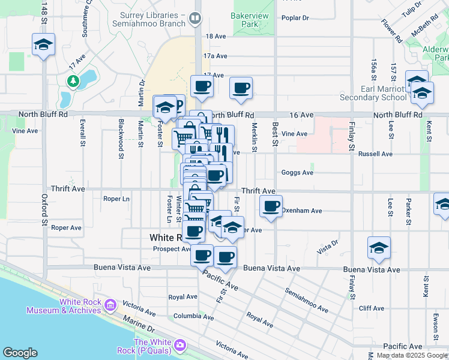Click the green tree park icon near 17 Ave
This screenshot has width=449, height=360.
click(73, 80)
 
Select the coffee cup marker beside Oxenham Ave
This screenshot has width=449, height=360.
click(271, 207)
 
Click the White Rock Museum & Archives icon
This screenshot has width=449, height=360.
click(110, 305)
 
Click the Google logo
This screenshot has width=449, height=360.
click(20, 353)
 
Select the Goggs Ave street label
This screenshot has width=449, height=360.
click(298, 173)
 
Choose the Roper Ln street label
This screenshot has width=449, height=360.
click(116, 199)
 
